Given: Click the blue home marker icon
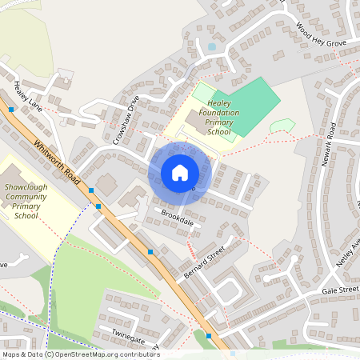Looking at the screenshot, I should click(x=180, y=173).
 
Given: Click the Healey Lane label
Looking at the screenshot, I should click(x=26, y=94).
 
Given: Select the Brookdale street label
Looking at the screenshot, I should click(x=178, y=218).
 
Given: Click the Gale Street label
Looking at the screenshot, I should click(x=342, y=290).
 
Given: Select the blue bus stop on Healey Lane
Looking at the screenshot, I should click(x=11, y=109).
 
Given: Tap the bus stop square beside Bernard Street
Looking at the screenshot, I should click(x=150, y=252).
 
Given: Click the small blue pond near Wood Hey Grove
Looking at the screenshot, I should click(x=211, y=47).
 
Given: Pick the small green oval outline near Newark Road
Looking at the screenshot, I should click(x=282, y=126).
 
